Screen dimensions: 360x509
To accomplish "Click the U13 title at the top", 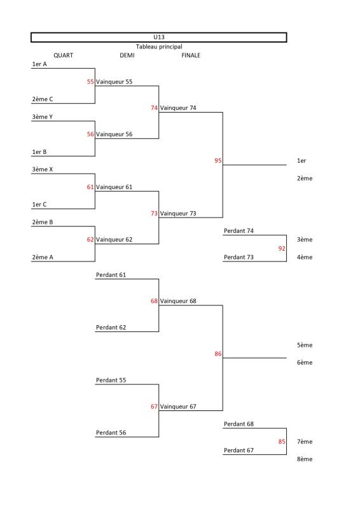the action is (x=159, y=37).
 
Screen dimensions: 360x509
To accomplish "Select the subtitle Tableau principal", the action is (x=159, y=46).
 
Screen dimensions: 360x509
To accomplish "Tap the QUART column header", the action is (x=64, y=55).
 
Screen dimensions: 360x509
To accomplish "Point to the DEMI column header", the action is (x=127, y=55).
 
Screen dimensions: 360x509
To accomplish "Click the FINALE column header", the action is (x=191, y=55).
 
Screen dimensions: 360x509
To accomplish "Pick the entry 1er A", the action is (x=39, y=64).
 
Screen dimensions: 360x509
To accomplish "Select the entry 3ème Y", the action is (x=42, y=117).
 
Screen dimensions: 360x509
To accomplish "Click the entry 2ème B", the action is (x=42, y=222).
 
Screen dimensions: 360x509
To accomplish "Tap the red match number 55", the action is (x=90, y=82).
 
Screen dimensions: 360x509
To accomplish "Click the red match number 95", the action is (x=218, y=161).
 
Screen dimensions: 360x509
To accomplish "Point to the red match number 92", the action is (x=282, y=248).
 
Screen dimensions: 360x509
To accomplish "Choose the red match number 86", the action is (x=218, y=354).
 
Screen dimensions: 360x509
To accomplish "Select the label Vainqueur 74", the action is (x=178, y=108).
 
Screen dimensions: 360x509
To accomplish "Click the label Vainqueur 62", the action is (x=114, y=240).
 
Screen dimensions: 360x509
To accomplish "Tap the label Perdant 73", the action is (x=239, y=257).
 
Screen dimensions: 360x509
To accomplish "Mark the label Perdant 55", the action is (x=111, y=380).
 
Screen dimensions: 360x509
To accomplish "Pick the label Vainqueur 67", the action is (x=178, y=407).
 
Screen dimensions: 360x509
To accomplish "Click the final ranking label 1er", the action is (x=301, y=161).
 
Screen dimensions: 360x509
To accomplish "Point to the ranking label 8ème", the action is (x=305, y=459).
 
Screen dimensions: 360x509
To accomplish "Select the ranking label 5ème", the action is (x=305, y=345).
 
